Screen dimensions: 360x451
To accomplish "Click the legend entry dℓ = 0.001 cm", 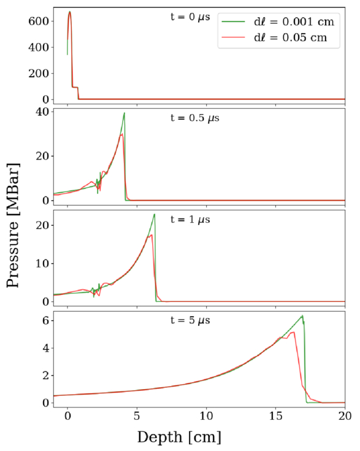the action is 294,22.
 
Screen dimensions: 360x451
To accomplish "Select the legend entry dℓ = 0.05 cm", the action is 291,37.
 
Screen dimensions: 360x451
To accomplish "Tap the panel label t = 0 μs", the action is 190,17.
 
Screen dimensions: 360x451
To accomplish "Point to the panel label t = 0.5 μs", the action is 195,118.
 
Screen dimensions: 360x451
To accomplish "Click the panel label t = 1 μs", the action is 190,220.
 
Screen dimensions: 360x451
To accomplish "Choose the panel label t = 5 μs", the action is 190,320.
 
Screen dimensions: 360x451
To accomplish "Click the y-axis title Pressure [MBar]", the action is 13,225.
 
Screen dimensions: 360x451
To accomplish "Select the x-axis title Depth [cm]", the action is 180,438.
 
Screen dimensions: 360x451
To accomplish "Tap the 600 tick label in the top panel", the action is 39,21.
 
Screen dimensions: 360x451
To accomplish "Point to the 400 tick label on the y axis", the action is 39,47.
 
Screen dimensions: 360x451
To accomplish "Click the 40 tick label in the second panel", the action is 42,112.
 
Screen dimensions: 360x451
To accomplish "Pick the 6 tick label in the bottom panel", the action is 46,320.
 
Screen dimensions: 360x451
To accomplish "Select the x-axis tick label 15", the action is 276,416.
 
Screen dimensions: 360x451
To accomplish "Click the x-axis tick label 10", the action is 206,416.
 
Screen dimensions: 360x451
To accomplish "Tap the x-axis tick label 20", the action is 345,416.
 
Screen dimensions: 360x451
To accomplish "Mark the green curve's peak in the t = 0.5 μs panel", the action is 124,113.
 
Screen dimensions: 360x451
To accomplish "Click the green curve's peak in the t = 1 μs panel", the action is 155,214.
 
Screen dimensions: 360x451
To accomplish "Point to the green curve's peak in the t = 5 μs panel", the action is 302,315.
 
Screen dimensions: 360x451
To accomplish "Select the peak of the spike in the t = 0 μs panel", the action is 69,12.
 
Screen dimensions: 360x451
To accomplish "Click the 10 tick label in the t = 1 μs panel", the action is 42,263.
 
